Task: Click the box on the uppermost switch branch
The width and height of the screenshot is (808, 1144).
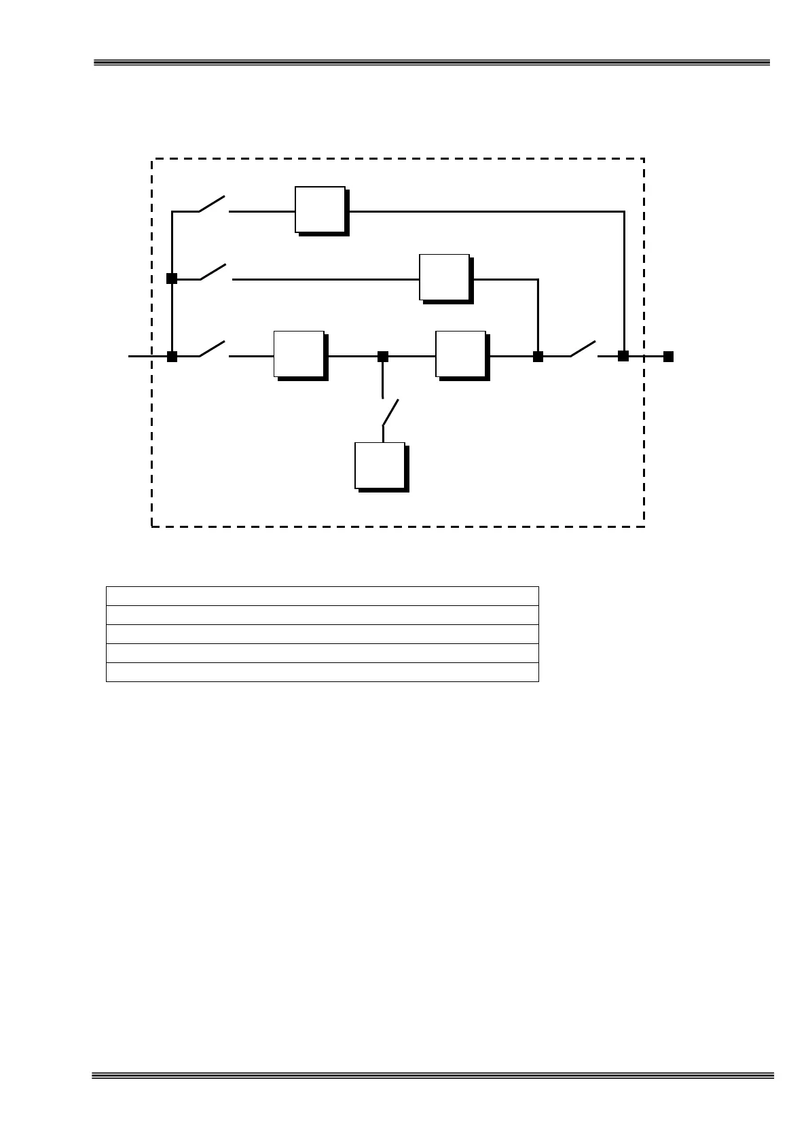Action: [320, 210]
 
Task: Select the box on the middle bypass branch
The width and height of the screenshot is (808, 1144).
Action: [445, 277]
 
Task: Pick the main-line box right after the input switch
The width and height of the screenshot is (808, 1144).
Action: [299, 354]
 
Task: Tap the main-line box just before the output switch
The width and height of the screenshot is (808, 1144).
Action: [461, 354]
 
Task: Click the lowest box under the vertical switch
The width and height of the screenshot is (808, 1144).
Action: [380, 466]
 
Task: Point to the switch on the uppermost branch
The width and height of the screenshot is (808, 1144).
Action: [213, 204]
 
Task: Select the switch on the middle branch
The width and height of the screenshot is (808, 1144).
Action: [215, 272]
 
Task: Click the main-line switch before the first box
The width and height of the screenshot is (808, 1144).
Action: [214, 350]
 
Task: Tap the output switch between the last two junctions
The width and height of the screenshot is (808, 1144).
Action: [583, 349]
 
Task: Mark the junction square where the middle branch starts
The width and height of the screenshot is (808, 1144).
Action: [172, 278]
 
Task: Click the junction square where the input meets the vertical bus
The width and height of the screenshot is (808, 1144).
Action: [172, 356]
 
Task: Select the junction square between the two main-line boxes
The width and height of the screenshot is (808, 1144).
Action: [383, 356]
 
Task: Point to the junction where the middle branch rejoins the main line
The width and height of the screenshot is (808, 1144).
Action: [538, 356]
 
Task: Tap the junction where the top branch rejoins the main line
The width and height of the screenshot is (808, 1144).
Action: [623, 355]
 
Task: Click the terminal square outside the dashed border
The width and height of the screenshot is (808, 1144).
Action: [668, 356]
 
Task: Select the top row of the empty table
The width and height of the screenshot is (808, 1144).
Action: [322, 596]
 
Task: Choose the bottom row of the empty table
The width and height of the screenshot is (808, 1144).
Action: [322, 672]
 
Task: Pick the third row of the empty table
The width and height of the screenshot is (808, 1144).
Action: [322, 634]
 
